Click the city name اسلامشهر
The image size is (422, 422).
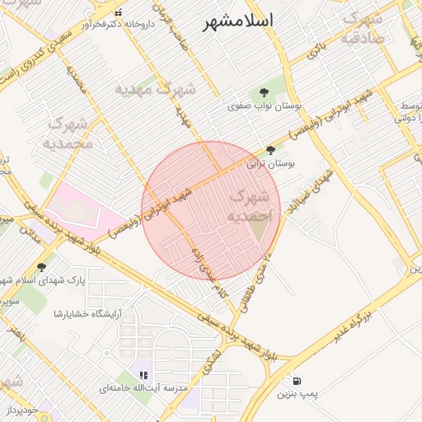238,21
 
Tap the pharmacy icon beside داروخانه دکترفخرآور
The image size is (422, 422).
119,12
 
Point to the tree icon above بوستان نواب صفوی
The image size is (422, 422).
265,92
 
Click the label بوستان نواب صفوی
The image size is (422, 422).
267,107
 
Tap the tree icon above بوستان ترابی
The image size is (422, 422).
270,149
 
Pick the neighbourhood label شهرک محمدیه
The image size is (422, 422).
70,134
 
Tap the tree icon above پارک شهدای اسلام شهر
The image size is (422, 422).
41,266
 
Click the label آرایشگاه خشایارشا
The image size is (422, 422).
88,313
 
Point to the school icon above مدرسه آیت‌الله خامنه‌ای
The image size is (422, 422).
143,375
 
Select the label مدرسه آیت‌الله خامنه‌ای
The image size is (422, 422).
144,387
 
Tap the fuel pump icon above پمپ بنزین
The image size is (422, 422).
297,381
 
